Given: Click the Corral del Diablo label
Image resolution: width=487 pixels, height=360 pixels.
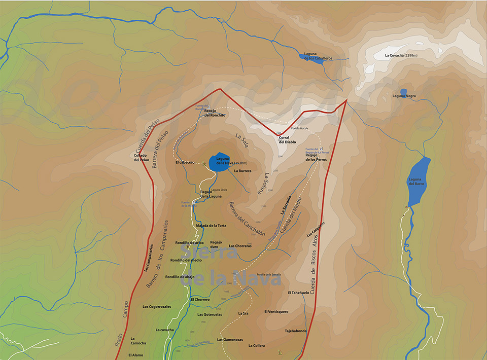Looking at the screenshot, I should (287, 140).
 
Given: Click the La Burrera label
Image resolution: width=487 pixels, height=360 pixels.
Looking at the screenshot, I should (242, 171).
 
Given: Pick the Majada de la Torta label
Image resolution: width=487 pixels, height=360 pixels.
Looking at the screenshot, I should (211, 225).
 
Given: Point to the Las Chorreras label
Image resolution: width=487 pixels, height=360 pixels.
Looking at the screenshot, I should (240, 246).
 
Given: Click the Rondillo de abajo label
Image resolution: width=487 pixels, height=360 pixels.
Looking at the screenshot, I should (180, 277).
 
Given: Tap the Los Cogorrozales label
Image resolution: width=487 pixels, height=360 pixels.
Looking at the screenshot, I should (156, 306).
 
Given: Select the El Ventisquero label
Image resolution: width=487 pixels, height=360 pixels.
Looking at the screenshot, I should (276, 311).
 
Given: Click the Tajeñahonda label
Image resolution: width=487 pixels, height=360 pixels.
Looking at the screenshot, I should (295, 331).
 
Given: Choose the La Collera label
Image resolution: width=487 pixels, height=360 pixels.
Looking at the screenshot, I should (256, 346).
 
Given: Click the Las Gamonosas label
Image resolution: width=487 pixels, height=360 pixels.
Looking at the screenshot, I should (230, 339).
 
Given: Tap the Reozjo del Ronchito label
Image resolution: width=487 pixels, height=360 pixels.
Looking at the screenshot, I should (215, 113).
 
